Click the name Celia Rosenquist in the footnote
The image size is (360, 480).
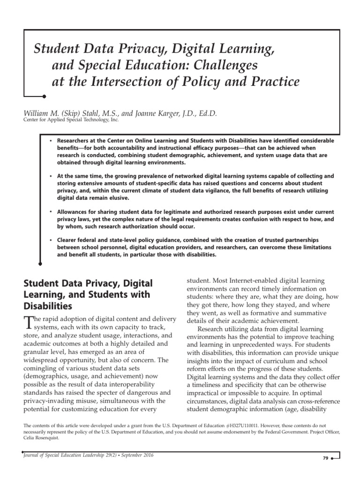coord(42,437)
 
